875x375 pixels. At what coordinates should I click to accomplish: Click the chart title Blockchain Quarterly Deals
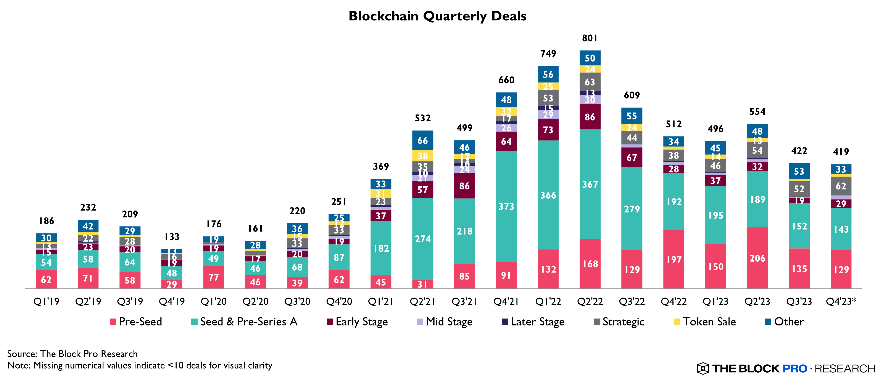tap(438, 16)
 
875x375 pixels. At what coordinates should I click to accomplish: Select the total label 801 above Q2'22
tap(590, 38)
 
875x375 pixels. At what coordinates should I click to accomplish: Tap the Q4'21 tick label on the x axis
tap(506, 301)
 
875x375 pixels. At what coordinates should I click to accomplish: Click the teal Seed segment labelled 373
tap(506, 206)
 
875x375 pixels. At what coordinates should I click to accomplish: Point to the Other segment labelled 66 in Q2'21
tap(422, 140)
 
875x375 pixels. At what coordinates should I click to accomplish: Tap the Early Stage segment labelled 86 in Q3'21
tap(464, 186)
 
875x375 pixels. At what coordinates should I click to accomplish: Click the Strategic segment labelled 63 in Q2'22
tap(590, 82)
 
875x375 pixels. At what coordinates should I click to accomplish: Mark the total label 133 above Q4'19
tap(172, 237)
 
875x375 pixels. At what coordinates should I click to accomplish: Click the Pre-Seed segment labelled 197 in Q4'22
tap(674, 259)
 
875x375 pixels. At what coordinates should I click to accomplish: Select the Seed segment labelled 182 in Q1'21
tap(381, 248)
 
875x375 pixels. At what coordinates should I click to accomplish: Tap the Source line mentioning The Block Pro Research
tap(72, 354)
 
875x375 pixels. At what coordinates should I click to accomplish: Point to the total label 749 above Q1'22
tap(548, 53)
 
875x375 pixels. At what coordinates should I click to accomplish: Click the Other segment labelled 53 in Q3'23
tap(799, 171)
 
